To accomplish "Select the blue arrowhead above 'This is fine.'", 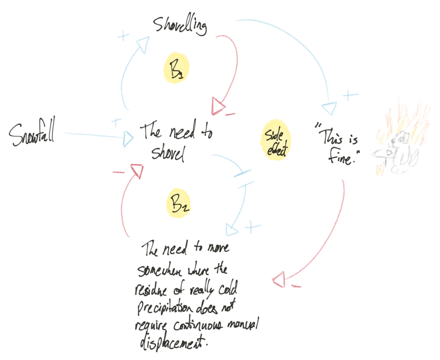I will [x=330, y=108].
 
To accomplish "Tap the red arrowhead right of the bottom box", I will [x=279, y=280].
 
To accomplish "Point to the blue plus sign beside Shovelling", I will [x=123, y=36].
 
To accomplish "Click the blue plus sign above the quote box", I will [x=348, y=95].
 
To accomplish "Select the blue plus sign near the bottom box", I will [x=252, y=226].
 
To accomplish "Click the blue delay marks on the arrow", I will [x=242, y=176].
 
